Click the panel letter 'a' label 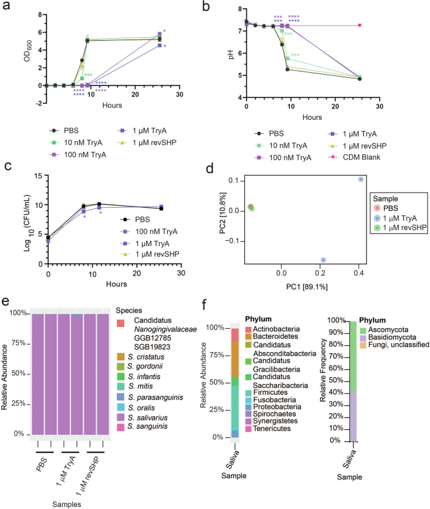pos(6,8)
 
